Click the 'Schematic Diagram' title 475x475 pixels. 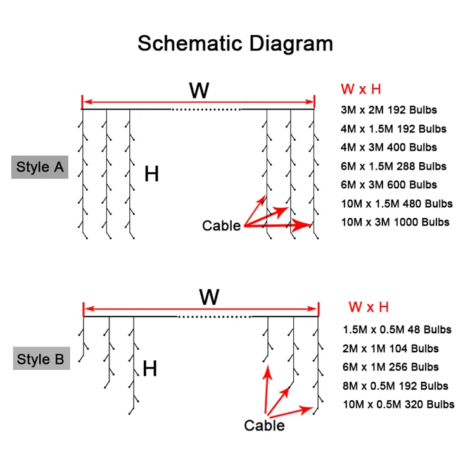[x=235, y=43]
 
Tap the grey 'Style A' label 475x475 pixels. [x=40, y=167]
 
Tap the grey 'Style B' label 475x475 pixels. [x=41, y=359]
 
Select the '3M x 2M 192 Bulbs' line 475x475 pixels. [x=389, y=110]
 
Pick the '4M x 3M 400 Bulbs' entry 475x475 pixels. [x=389, y=147]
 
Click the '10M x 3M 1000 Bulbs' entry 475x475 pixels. [x=395, y=222]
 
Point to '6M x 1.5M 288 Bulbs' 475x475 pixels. [x=393, y=166]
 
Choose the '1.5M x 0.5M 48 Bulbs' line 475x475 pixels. [x=397, y=329]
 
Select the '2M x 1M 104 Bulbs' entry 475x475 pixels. [x=390, y=348]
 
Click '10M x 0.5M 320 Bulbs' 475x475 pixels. [x=398, y=404]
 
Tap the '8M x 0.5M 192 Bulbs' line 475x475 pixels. [x=395, y=385]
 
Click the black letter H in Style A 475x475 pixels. [x=152, y=174]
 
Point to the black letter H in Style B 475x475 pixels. [x=150, y=369]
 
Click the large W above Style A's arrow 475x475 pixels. [x=199, y=91]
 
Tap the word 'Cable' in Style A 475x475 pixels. [x=221, y=225]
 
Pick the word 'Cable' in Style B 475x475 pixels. [x=264, y=425]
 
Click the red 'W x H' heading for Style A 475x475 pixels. [x=360, y=89]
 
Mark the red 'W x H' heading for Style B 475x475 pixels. [x=368, y=307]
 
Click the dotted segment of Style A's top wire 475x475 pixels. [x=206, y=109]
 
